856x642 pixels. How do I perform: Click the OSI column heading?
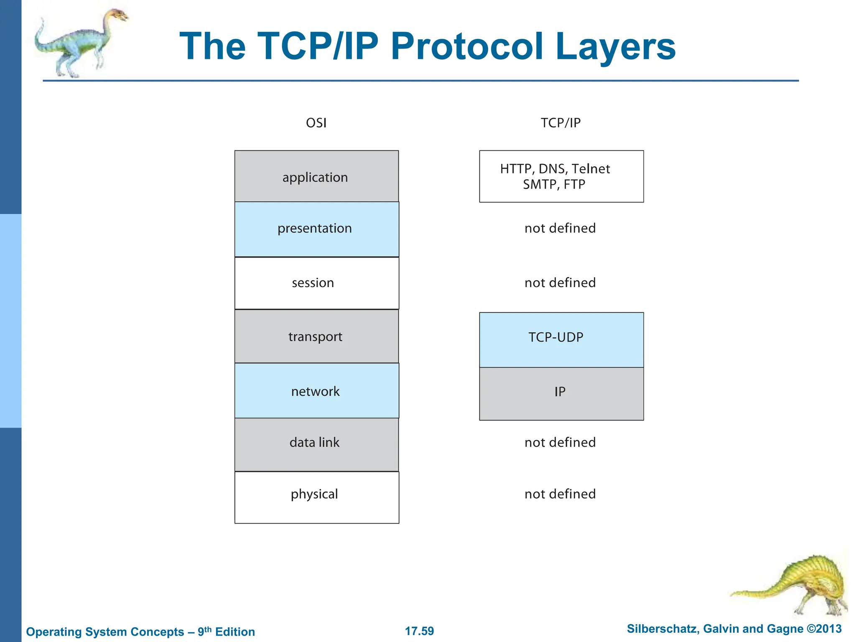coord(316,123)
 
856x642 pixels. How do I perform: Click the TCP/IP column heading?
coord(560,123)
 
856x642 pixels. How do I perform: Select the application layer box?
coord(316,177)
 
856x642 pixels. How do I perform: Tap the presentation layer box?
coord(316,229)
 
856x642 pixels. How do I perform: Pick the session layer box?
coord(316,283)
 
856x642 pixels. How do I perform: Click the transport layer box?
coord(316,336)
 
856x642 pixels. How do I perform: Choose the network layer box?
coord(316,391)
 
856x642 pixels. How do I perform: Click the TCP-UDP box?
coord(560,339)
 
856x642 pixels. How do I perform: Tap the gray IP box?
coord(560,393)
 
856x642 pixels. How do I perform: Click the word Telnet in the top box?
coord(591,169)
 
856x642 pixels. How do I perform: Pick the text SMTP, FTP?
coord(554,184)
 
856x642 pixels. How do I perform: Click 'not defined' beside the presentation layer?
coord(560,228)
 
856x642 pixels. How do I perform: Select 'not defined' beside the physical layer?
coord(560,494)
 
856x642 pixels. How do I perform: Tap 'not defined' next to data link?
coord(560,442)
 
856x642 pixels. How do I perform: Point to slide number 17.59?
coord(419,631)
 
